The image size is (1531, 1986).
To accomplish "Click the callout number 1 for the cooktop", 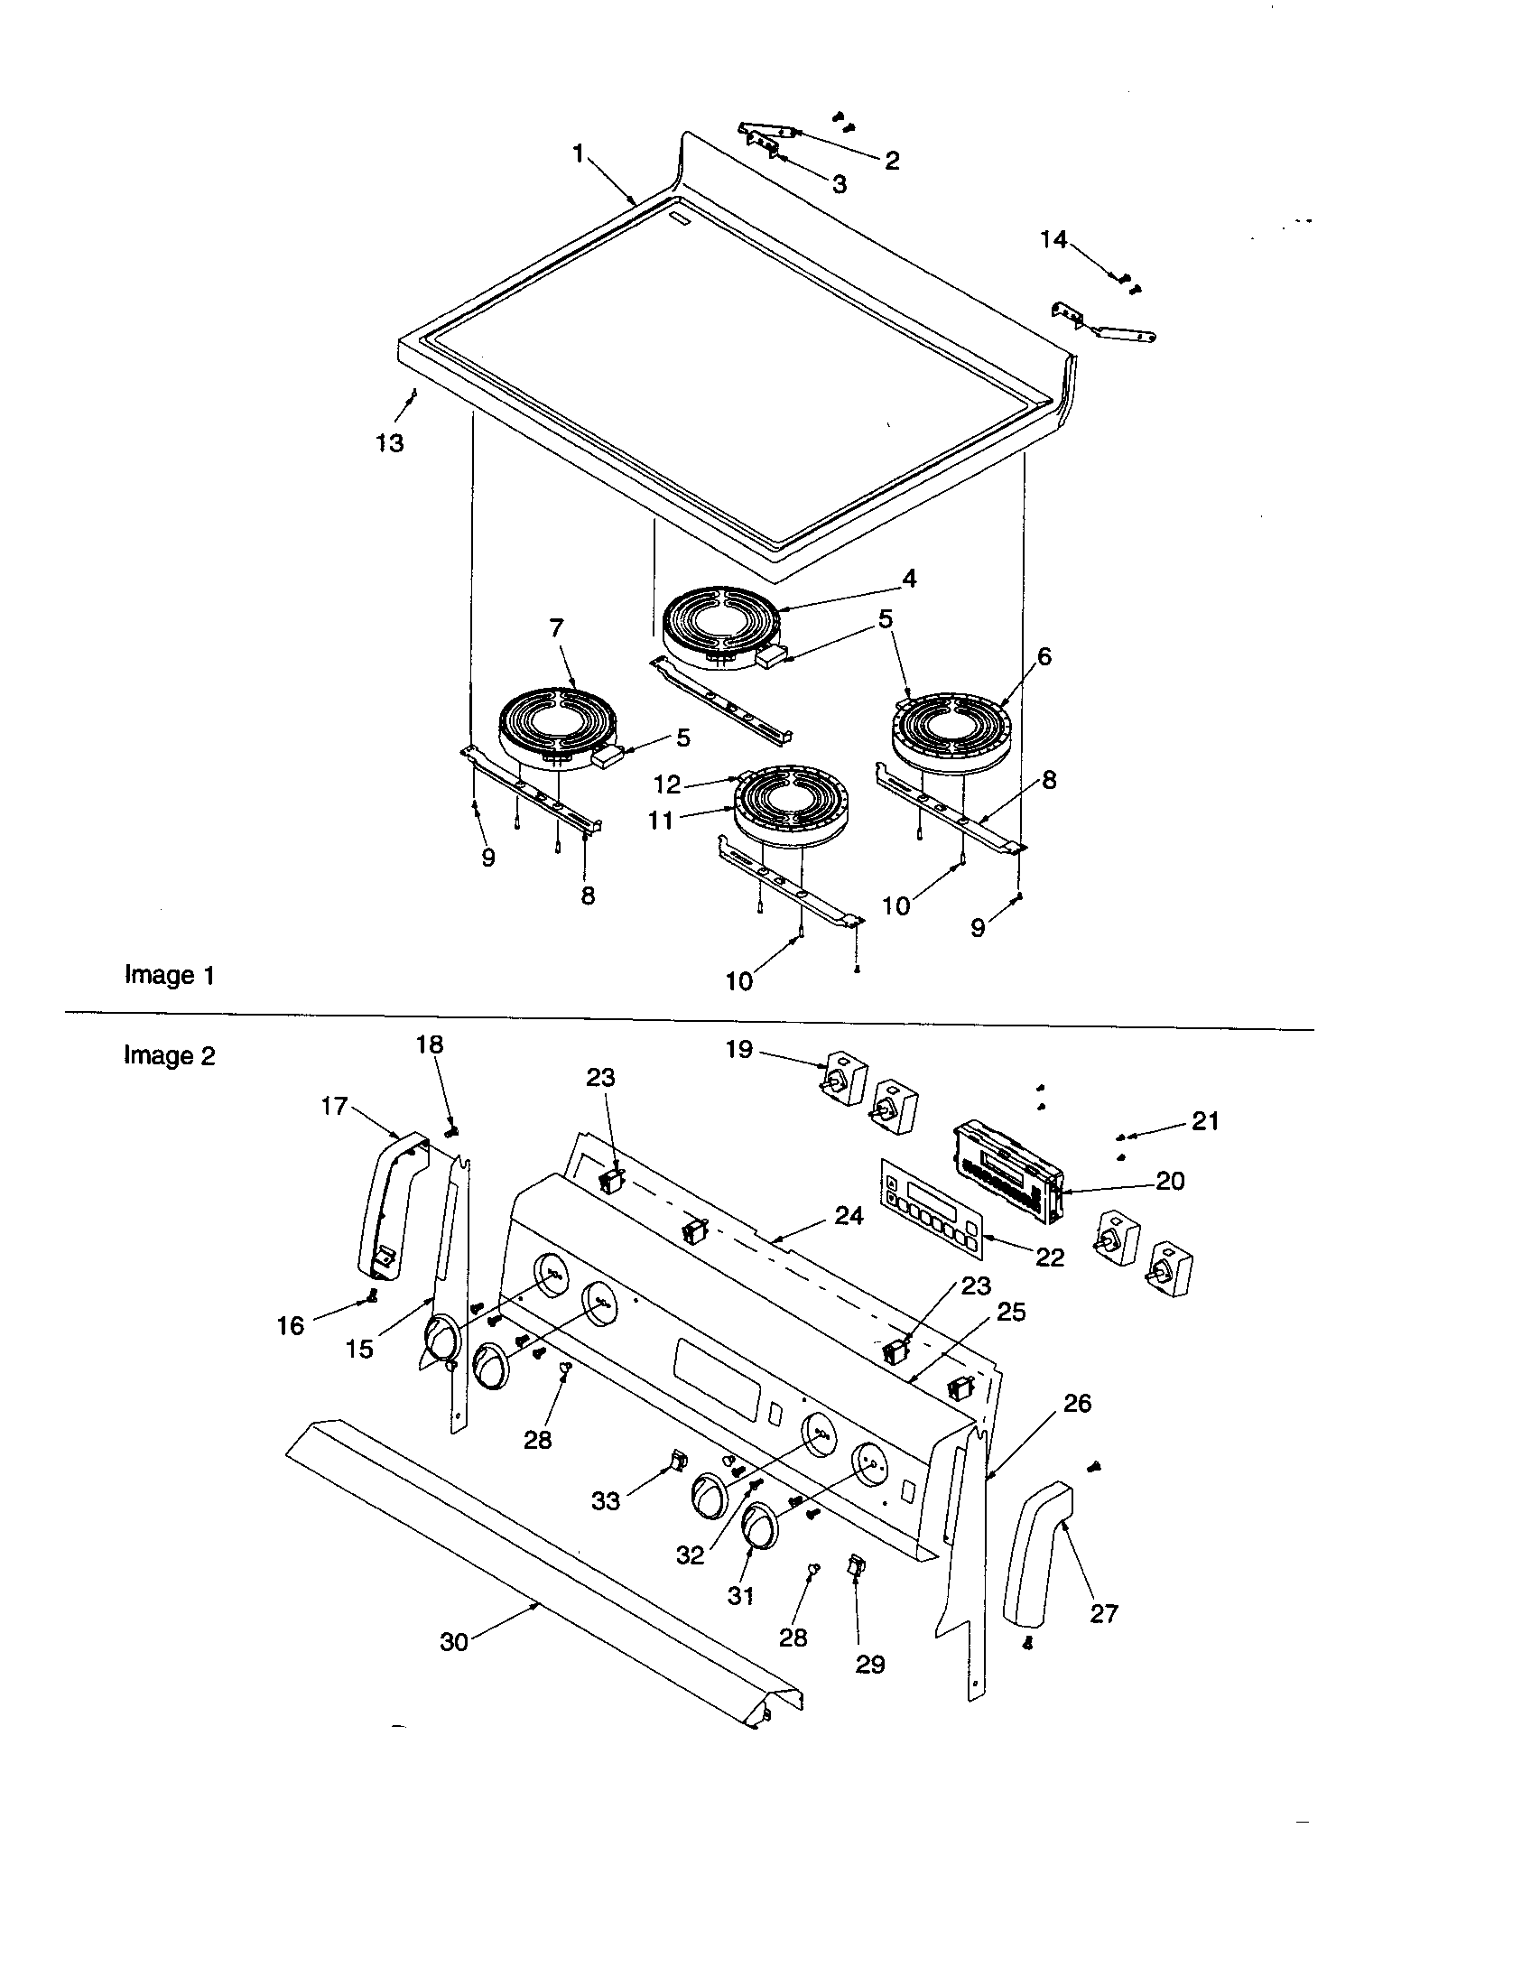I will pos(579,153).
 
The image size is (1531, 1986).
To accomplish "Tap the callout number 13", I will pos(390,443).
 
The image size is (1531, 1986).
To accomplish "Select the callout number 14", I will pos(1053,239).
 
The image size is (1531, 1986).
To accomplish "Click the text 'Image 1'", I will pos(170,975).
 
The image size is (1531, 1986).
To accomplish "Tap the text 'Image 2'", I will pos(170,1056).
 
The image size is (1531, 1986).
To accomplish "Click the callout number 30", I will pos(454,1641).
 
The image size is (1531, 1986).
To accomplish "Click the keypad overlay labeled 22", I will pos(931,1209).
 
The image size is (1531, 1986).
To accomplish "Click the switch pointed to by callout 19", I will pos(844,1083).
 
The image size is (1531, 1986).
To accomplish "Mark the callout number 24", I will pos(849,1215).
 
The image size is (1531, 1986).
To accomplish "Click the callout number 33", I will pos(606,1499).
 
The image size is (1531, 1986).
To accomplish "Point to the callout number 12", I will pos(667,784).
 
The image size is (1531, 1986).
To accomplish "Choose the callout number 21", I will pos(1204,1122).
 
